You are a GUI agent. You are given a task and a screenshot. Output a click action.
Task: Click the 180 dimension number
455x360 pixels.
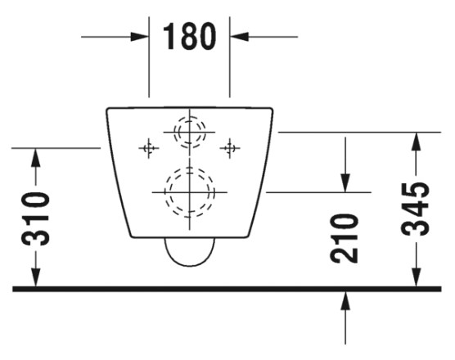click(x=190, y=37)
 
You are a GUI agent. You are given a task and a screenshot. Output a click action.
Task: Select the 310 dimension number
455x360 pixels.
click(x=36, y=219)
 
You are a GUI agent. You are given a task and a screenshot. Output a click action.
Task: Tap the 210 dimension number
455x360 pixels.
click(x=345, y=238)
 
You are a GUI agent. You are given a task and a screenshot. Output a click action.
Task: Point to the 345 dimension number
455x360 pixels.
click(x=415, y=209)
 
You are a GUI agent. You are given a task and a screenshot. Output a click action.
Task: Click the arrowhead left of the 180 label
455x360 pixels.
click(x=140, y=37)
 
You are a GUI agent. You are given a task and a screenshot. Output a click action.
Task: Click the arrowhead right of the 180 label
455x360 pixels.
click(x=240, y=37)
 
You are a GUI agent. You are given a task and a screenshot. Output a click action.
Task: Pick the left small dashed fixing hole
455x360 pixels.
click(x=149, y=148)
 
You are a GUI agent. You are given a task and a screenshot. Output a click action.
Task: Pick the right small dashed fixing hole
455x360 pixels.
click(x=230, y=148)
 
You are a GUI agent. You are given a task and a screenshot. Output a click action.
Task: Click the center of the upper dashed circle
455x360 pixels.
click(x=190, y=132)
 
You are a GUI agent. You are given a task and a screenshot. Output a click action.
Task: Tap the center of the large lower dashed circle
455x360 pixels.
click(x=190, y=192)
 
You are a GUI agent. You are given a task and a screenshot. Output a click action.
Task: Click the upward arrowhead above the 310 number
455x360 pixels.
click(x=36, y=158)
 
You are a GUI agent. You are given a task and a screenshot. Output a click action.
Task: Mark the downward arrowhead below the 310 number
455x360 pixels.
click(x=36, y=277)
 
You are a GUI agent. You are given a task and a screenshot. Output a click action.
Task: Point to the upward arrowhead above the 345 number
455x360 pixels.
click(x=417, y=142)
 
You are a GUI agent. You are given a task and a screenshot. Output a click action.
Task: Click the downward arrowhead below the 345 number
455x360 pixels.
click(x=417, y=277)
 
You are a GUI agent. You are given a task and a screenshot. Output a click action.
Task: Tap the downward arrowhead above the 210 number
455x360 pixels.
click(x=345, y=182)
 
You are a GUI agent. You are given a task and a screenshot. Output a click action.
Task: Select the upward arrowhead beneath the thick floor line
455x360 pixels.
click(x=345, y=301)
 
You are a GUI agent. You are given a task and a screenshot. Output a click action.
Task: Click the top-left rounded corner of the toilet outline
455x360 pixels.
click(x=107, y=110)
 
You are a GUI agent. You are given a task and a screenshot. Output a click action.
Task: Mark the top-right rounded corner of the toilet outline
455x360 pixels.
click(x=272, y=110)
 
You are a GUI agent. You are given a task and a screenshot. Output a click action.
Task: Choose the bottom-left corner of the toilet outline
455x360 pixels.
click(x=132, y=236)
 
